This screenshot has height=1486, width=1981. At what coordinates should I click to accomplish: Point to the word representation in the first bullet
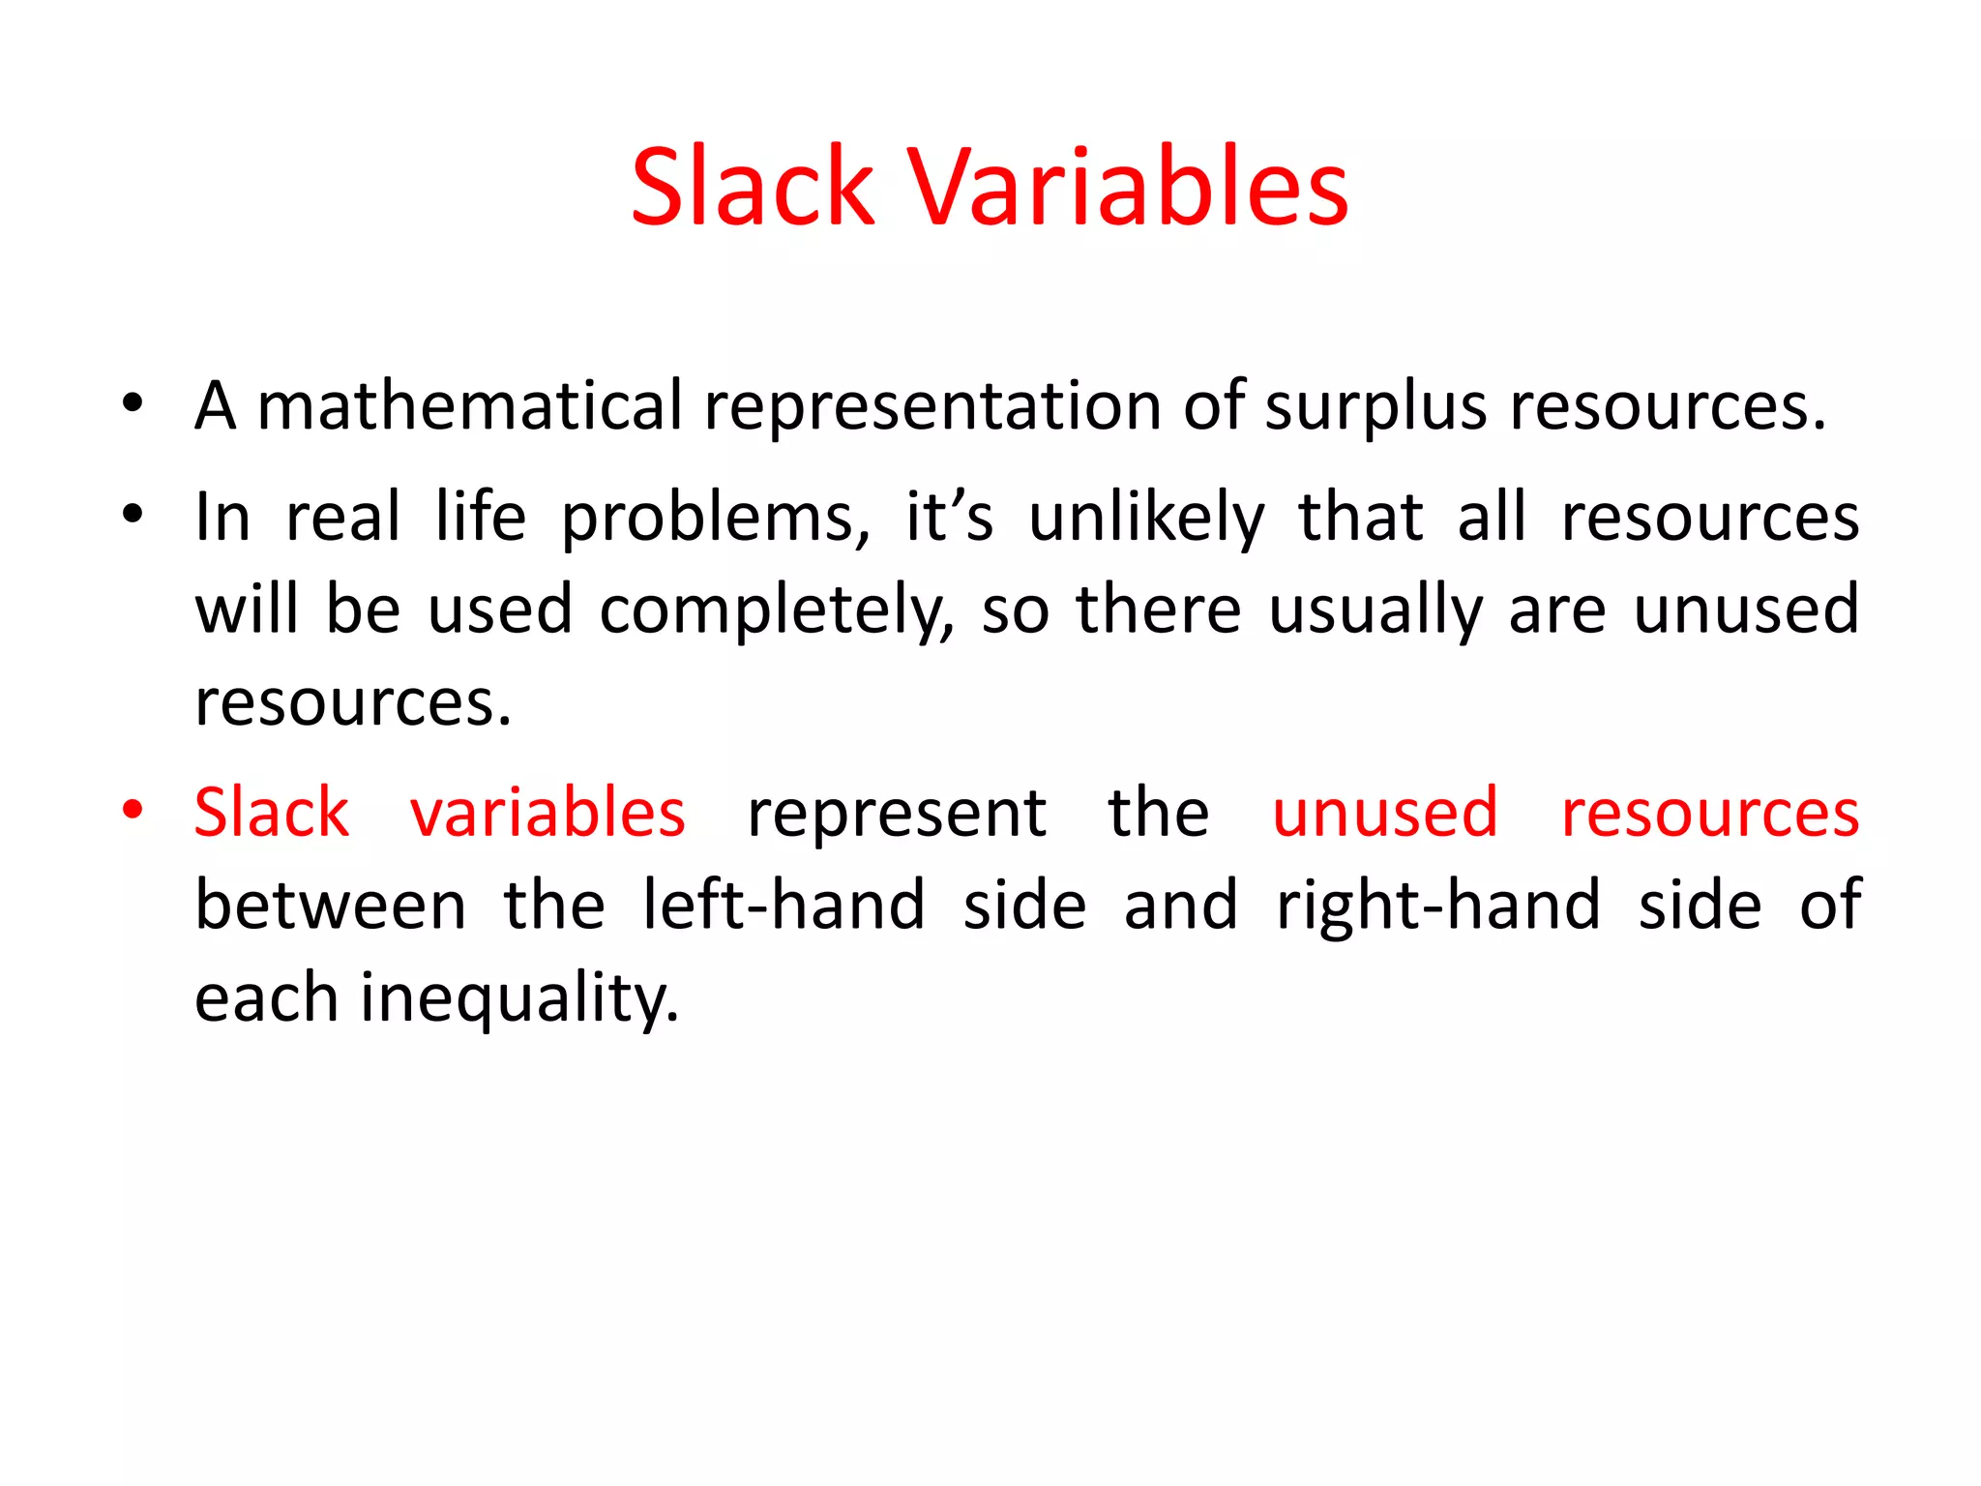(932, 406)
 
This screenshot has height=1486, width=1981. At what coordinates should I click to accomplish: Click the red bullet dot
(133, 809)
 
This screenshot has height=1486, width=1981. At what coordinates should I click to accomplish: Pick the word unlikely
(1146, 519)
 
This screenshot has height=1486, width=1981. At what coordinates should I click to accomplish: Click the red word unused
(1385, 813)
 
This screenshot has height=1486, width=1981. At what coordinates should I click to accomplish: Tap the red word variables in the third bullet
(547, 813)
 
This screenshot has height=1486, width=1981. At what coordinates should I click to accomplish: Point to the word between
(331, 906)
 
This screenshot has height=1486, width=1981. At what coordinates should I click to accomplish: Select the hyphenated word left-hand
(784, 906)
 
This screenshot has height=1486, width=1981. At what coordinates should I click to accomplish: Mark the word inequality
(519, 998)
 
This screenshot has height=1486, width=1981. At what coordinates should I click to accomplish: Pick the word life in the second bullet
(480, 517)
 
